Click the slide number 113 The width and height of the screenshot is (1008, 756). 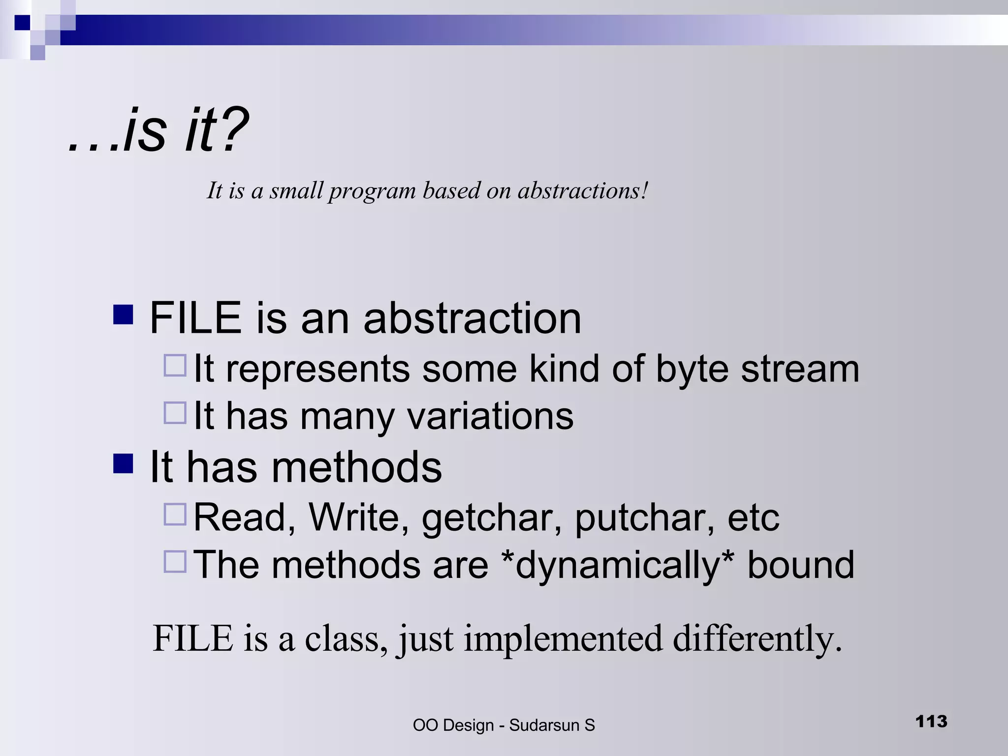(x=931, y=721)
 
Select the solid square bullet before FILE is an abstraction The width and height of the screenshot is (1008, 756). (x=123, y=315)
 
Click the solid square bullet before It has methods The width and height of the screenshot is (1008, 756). (x=123, y=464)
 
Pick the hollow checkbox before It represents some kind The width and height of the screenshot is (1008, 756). (x=175, y=366)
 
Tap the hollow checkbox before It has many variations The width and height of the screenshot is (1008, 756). (x=175, y=413)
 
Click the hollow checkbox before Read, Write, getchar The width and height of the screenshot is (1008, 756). (x=175, y=514)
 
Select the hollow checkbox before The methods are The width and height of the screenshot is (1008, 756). (x=175, y=562)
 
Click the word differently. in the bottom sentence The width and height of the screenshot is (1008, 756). (x=757, y=639)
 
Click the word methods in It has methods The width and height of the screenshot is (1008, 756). (x=356, y=468)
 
